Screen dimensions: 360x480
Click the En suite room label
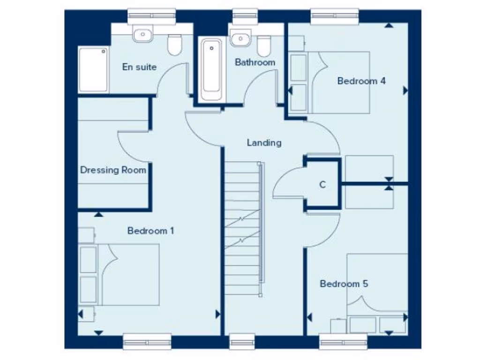coord(139,67)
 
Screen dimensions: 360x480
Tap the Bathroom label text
coord(255,62)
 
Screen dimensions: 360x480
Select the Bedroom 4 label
coord(361,81)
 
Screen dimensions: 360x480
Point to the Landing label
coord(264,142)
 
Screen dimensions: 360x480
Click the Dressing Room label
coord(113,170)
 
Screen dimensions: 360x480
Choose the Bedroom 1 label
coord(150,231)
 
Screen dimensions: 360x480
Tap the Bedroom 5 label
coord(344,284)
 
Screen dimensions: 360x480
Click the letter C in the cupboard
coord(322,185)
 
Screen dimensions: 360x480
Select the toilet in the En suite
coord(175,45)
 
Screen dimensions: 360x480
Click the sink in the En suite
coord(141,35)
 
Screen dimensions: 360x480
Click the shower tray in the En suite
coord(93,69)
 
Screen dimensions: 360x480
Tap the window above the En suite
coord(151,16)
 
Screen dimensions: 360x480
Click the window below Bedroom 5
coord(343,341)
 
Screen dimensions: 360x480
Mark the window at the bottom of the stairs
coord(242,341)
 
